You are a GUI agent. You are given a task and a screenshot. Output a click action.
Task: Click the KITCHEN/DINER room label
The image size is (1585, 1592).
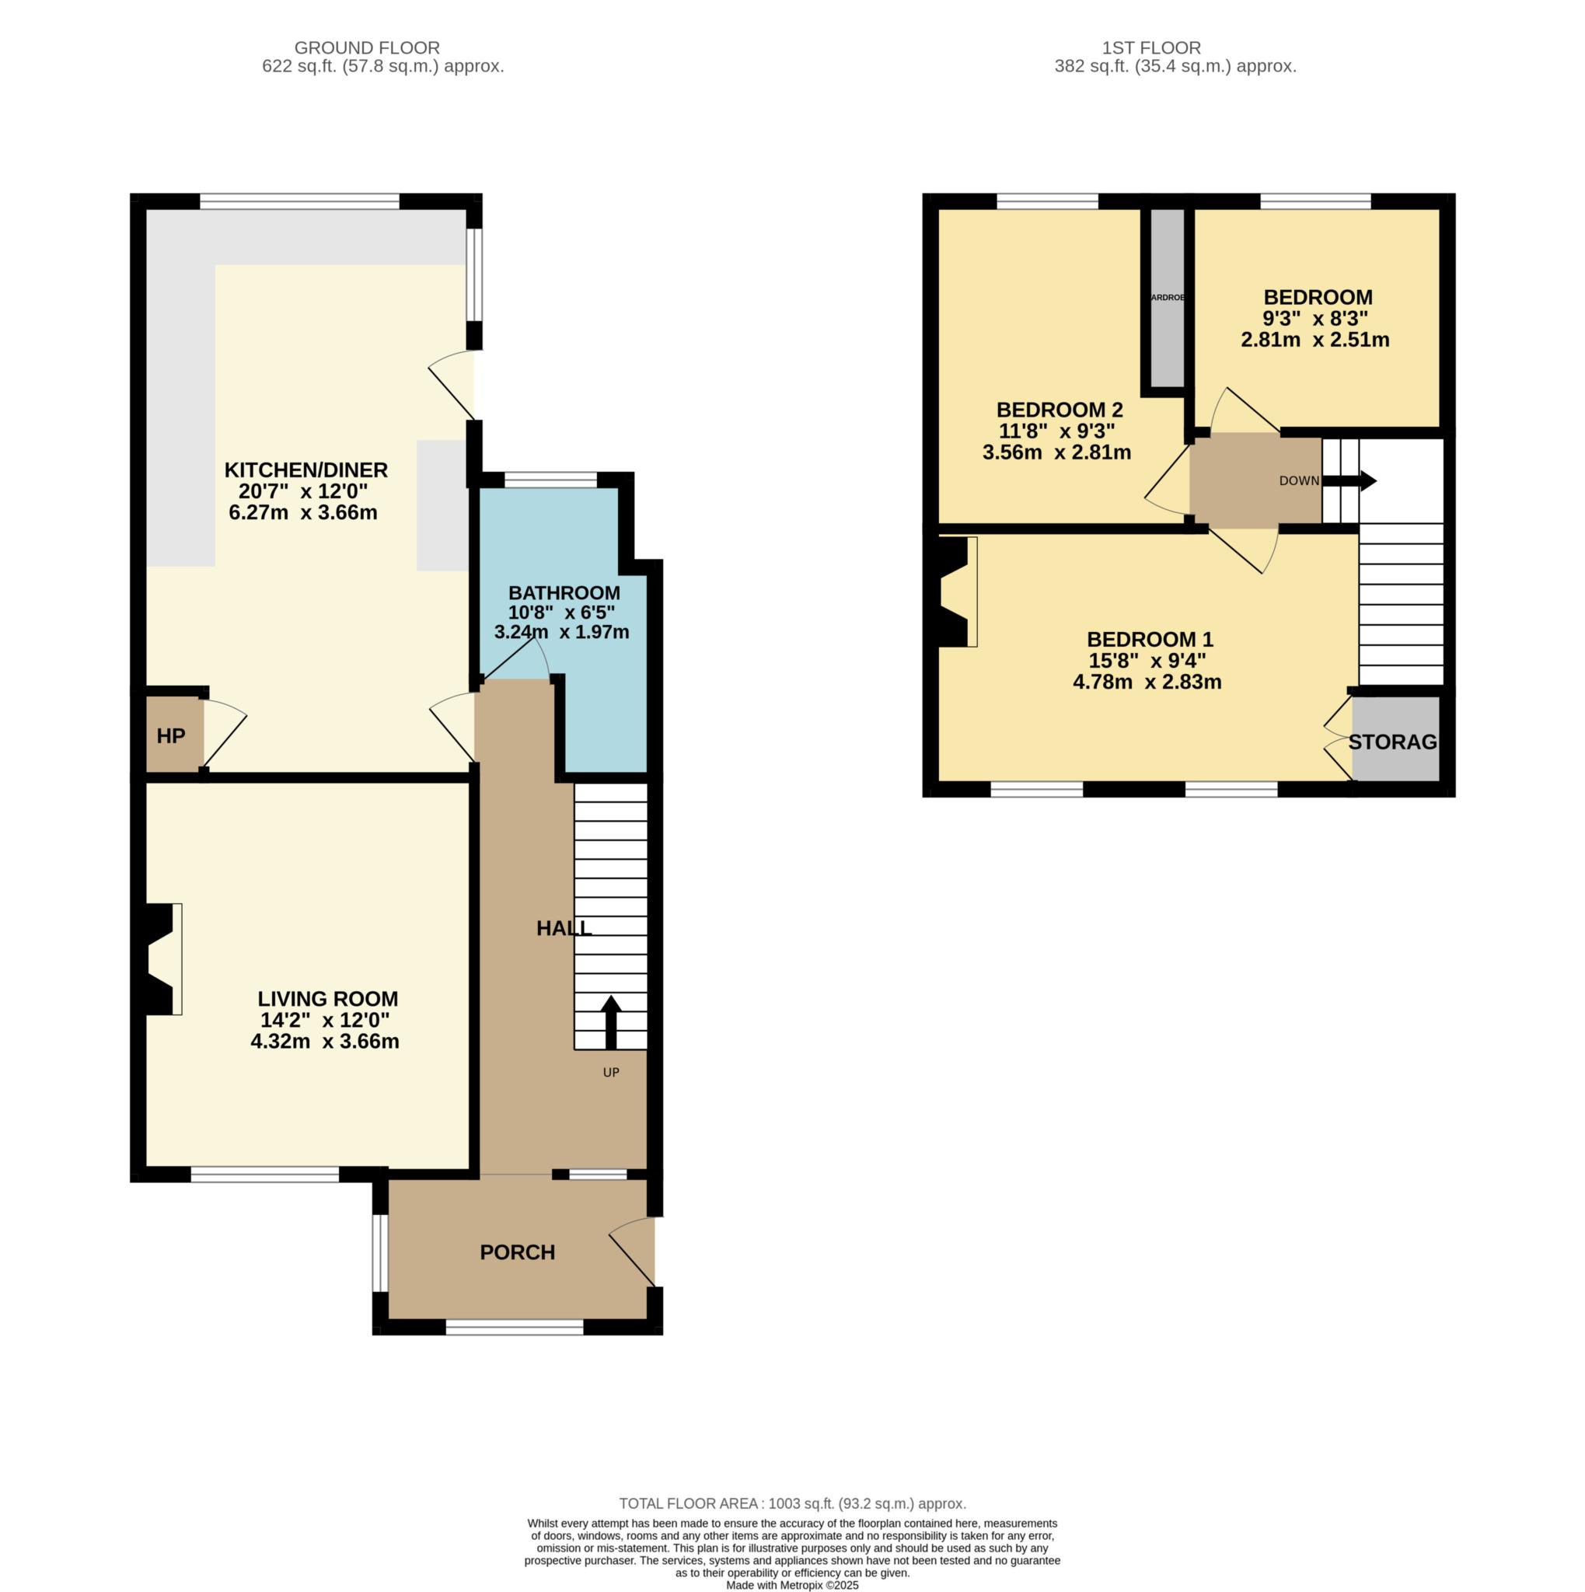tap(305, 470)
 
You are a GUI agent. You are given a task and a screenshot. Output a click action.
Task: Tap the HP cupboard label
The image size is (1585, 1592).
tap(170, 736)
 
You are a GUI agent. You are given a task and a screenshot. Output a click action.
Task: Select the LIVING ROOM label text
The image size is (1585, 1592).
tap(327, 999)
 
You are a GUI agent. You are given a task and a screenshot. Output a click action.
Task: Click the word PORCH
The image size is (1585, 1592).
tap(518, 1252)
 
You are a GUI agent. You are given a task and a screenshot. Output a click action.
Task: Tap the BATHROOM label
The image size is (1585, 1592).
tap(564, 592)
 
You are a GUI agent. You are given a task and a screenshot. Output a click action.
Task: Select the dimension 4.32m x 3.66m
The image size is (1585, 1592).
tap(325, 1042)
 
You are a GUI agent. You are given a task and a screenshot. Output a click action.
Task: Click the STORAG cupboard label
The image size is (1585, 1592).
tap(1392, 742)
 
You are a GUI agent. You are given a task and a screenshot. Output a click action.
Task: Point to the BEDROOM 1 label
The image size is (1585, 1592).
tap(1149, 640)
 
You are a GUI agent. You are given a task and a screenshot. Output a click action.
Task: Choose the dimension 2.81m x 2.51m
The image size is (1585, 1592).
tap(1314, 340)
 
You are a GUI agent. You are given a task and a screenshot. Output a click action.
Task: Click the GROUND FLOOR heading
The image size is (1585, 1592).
tap(367, 47)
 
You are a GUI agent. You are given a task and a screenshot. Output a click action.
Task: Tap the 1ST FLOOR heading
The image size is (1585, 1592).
tap(1151, 47)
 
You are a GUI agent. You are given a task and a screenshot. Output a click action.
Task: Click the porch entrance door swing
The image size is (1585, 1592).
tap(634, 1252)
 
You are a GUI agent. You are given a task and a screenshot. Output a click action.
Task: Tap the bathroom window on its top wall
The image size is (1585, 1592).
tap(550, 480)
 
